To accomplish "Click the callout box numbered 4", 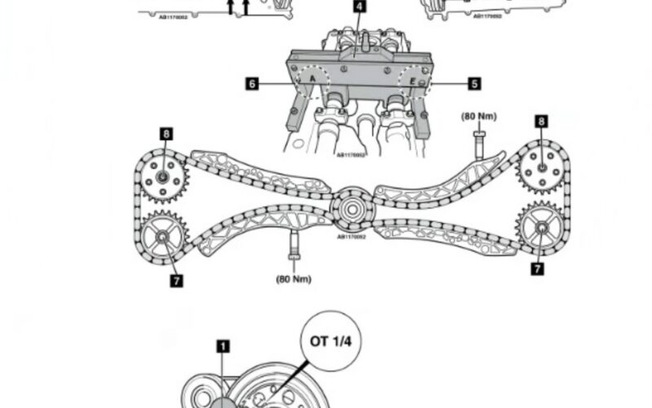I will pyautogui.click(x=359, y=7).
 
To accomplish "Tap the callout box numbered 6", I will pyautogui.click(x=253, y=83).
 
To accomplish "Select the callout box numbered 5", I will pyautogui.click(x=474, y=83).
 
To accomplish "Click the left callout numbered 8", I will pyautogui.click(x=165, y=133).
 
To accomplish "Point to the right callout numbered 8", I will pyautogui.click(x=540, y=122).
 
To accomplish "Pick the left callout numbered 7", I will pyautogui.click(x=176, y=281).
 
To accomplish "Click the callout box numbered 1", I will pyautogui.click(x=222, y=346).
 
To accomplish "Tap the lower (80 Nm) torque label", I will pyautogui.click(x=294, y=277).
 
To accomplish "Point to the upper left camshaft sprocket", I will pyautogui.click(x=163, y=177).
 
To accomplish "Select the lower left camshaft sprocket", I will pyautogui.click(x=161, y=236).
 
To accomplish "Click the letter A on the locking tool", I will pyautogui.click(x=311, y=79).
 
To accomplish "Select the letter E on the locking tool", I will pyautogui.click(x=412, y=83).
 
